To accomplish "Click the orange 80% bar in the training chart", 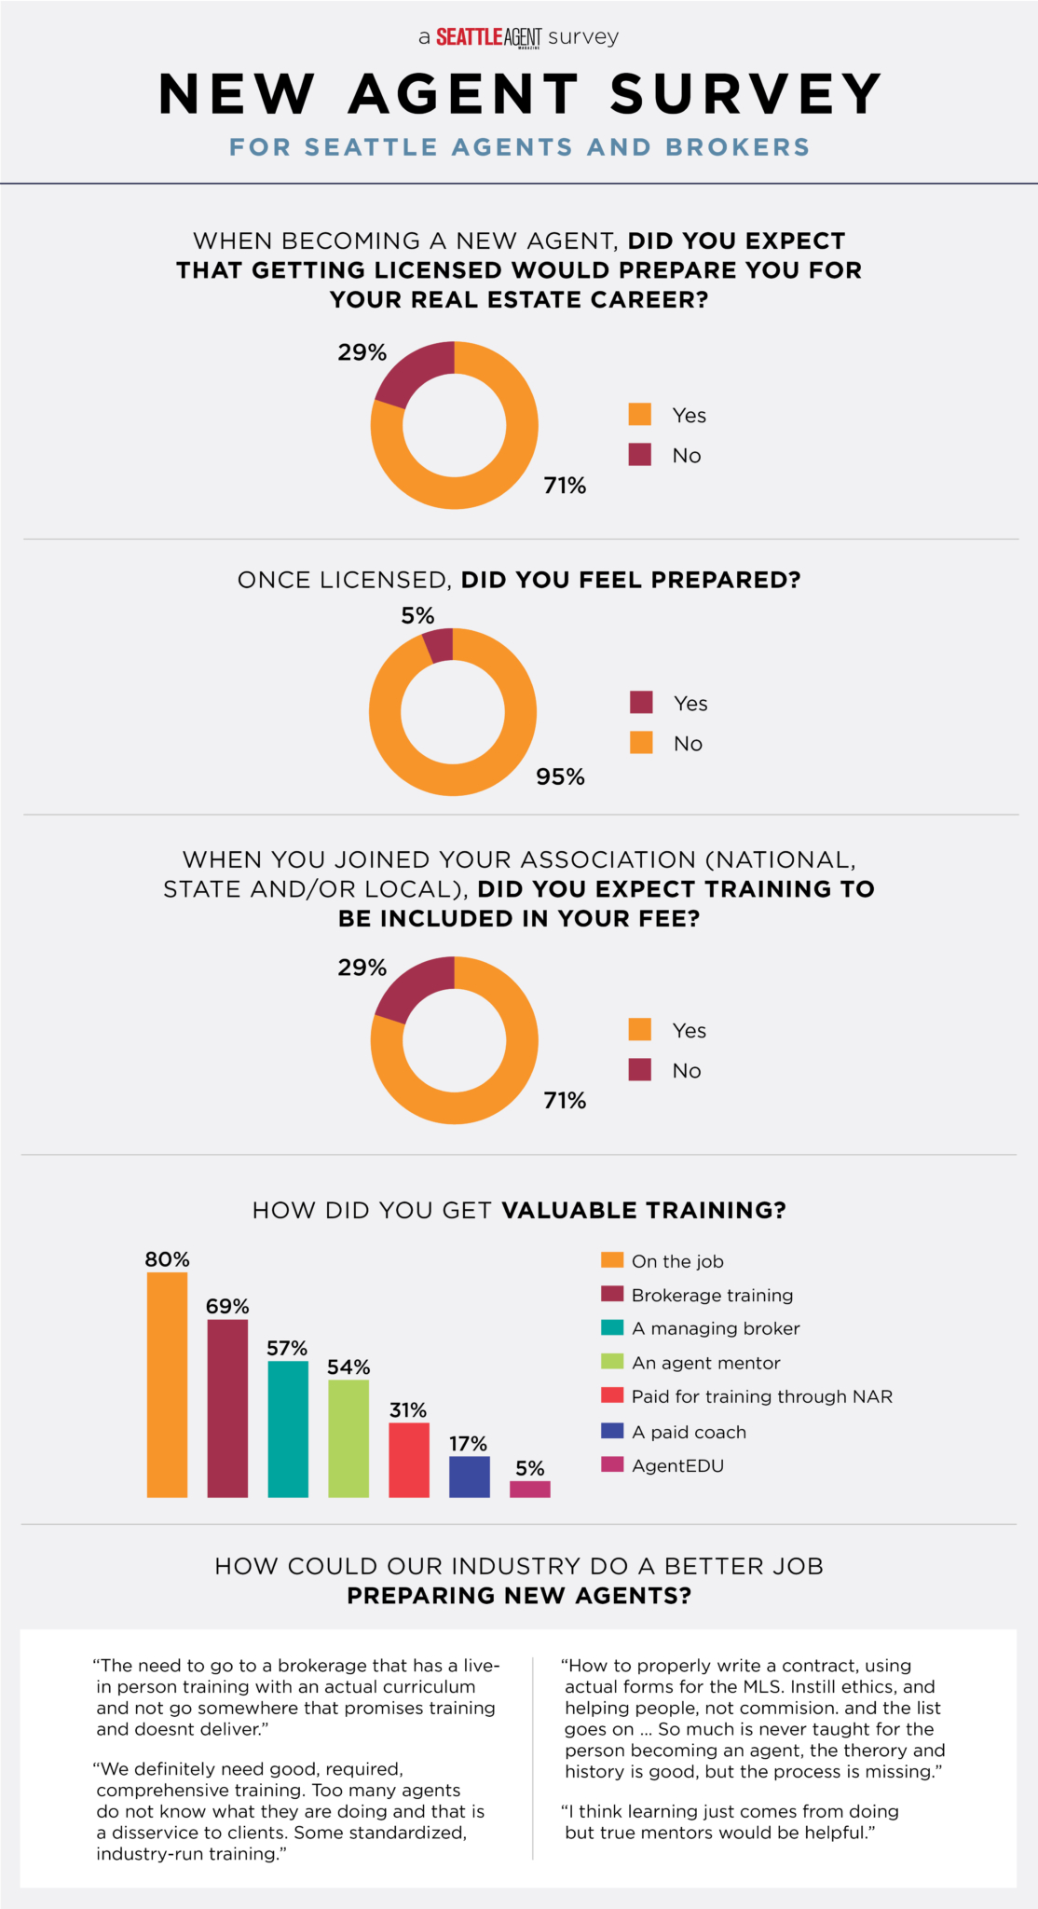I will coord(167,1384).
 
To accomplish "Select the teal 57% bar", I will coord(288,1428).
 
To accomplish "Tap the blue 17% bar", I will coord(470,1476).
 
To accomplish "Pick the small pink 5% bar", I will coord(530,1489).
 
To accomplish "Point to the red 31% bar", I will coord(409,1460).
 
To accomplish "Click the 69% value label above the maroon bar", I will coord(227,1306).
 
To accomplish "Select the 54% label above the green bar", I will coord(348,1367).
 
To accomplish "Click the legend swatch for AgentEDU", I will coord(612,1464).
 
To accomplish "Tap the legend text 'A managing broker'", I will coord(716,1328).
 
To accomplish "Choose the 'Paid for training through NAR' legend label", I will coord(761,1396).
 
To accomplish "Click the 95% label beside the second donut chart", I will coord(560,777).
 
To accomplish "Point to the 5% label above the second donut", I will coord(417,615).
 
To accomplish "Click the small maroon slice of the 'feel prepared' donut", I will coord(439,645).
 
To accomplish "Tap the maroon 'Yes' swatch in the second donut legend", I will coord(641,702).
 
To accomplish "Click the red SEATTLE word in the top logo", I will coord(470,36).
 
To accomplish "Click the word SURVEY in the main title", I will coord(745,94).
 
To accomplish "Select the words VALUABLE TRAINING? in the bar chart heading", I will coord(644,1210).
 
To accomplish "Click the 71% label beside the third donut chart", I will coord(565,1101).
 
